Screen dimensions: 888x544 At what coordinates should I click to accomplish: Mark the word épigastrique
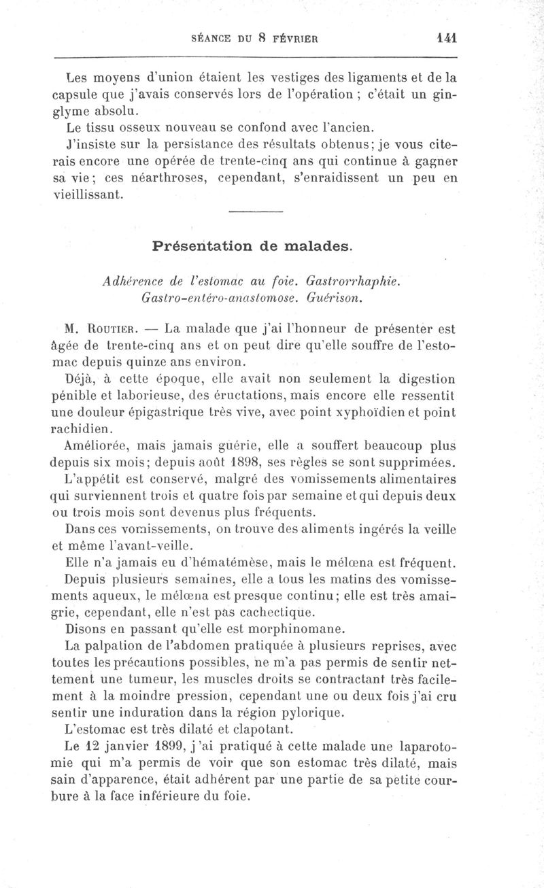[211, 413]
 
